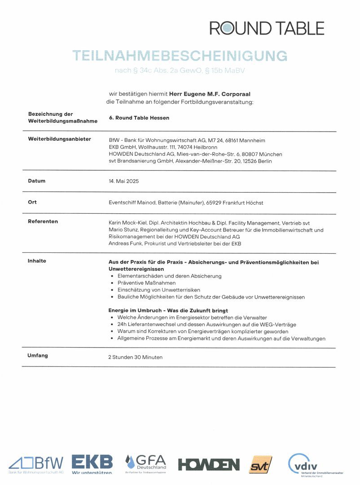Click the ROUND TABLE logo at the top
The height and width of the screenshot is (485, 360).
coord(267,28)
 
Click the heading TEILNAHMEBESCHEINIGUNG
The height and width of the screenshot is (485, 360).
coord(180,56)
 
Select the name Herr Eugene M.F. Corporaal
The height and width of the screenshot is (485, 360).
coord(210,94)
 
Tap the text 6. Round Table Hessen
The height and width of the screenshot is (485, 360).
coord(139,118)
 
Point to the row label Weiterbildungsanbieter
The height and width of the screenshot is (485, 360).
coord(59,139)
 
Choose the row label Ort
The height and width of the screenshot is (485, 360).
coord(32,202)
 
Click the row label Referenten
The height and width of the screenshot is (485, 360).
coord(43,221)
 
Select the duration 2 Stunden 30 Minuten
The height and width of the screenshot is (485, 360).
coord(135,357)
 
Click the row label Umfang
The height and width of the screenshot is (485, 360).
coord(38,356)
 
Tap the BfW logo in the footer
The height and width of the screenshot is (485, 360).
coord(36,463)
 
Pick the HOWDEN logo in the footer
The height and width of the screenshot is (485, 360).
coord(209,464)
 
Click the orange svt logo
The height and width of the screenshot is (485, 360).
coord(260,464)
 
